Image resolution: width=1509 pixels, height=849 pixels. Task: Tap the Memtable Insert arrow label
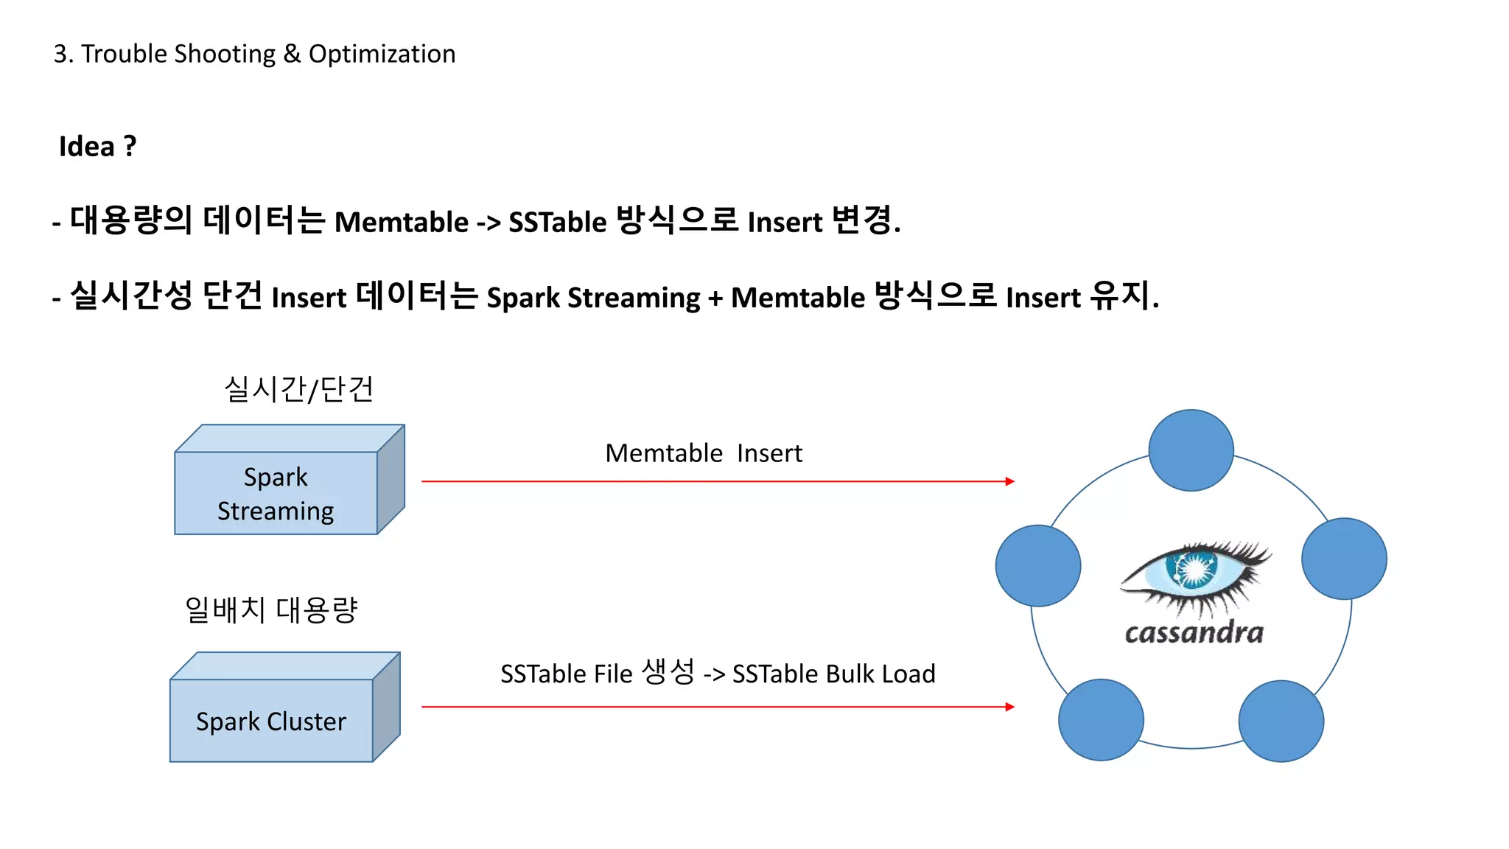click(703, 453)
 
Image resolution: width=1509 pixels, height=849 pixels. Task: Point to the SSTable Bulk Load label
click(718, 673)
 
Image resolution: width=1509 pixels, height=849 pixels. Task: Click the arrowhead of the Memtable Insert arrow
click(1010, 481)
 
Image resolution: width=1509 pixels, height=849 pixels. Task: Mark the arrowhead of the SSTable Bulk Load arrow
click(1010, 707)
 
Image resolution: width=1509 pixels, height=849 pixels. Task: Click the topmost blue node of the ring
click(1191, 450)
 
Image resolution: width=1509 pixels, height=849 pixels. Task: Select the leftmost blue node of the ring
click(1037, 565)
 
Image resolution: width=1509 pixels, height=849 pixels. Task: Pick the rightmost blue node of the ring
click(1344, 559)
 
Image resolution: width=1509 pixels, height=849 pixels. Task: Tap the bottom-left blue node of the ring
click(1101, 719)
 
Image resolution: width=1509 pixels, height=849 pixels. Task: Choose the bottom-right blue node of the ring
click(1281, 721)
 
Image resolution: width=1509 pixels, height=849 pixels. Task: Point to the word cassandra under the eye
click(1194, 633)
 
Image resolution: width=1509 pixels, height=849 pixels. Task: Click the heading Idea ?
click(97, 146)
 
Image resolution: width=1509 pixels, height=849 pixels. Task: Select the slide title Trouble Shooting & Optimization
click(254, 54)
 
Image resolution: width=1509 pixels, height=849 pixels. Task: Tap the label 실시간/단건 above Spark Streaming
click(298, 388)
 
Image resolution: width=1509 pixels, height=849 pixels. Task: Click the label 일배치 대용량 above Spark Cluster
click(271, 609)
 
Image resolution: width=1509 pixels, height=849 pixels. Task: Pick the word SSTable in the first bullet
click(557, 222)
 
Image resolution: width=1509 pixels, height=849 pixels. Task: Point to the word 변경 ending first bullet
click(862, 220)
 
